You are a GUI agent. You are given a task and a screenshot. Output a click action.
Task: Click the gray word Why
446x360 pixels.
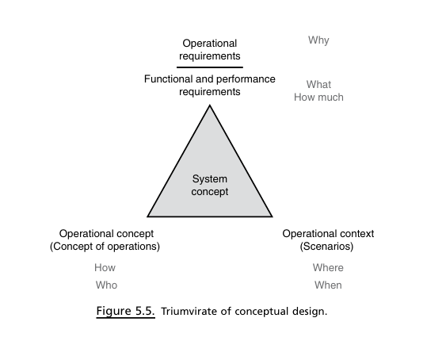(x=318, y=40)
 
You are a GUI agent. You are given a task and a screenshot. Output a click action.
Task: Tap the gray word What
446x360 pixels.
(x=318, y=85)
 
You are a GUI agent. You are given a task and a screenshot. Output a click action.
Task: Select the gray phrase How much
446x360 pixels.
(x=318, y=98)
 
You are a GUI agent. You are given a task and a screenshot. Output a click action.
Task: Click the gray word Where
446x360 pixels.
(x=328, y=268)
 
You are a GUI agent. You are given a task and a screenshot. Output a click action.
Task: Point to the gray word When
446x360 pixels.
(x=328, y=285)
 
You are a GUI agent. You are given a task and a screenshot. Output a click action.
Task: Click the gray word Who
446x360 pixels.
(x=106, y=285)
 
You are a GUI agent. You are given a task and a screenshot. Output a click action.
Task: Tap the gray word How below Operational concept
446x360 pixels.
(x=105, y=268)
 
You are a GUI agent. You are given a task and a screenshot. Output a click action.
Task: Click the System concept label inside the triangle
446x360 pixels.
(x=210, y=185)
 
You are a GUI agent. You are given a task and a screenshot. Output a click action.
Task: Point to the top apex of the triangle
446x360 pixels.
(x=210, y=105)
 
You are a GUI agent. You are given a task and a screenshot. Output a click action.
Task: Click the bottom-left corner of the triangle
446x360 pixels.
(x=147, y=216)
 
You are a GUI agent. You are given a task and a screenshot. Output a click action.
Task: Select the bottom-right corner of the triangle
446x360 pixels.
(x=273, y=216)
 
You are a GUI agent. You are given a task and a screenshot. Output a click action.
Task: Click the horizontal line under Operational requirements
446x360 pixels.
(x=210, y=67)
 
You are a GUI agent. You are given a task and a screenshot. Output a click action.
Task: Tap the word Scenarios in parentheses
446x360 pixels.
(x=326, y=246)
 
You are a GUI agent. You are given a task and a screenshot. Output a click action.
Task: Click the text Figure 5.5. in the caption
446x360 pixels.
(x=125, y=311)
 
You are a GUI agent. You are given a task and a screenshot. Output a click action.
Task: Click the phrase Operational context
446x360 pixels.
(x=328, y=234)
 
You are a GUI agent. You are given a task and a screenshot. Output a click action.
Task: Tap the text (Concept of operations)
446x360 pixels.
(x=105, y=247)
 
